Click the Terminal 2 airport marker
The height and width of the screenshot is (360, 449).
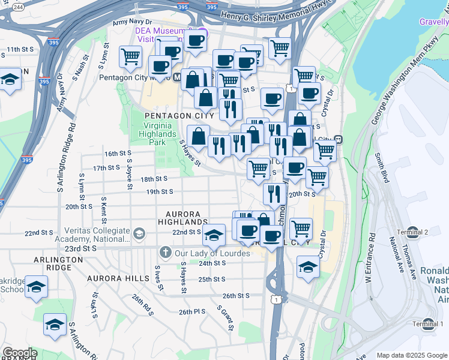[x=429, y=232]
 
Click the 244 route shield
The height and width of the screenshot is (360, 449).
[x=18, y=7]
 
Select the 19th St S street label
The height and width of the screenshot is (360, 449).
[x=160, y=192]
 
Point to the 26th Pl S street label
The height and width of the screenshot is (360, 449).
[x=191, y=312]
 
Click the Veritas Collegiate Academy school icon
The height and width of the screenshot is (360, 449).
[x=139, y=233]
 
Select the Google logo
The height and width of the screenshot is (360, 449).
[x=19, y=353]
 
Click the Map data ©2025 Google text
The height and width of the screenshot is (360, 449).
[x=412, y=355]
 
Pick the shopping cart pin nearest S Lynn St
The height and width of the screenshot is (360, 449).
[x=130, y=57]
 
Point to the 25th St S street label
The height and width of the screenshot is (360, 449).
[x=211, y=279]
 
